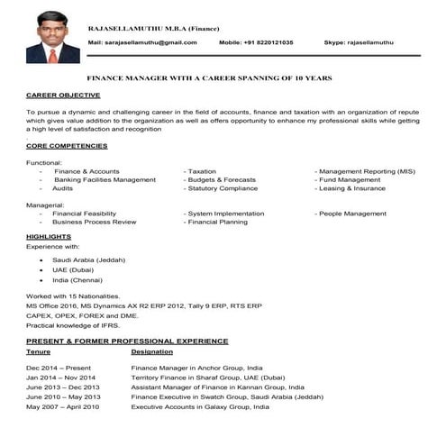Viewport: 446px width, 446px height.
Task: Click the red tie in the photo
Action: [x=52, y=54]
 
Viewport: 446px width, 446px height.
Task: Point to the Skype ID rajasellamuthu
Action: [x=371, y=42]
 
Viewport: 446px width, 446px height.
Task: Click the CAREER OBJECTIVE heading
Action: [x=63, y=94]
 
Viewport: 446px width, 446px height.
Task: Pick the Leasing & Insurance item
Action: [x=352, y=188]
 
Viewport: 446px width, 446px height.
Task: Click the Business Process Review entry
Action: [x=94, y=222]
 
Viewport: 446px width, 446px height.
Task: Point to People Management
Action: [x=353, y=214]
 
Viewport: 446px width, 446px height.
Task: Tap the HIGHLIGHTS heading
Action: [x=49, y=236]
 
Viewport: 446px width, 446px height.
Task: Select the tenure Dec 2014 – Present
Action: [x=59, y=369]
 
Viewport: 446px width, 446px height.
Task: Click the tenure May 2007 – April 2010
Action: [x=63, y=407]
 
